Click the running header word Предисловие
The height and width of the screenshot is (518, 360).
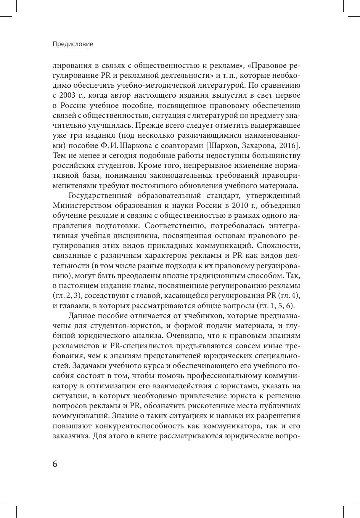click(72, 44)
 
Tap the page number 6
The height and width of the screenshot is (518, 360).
click(55, 464)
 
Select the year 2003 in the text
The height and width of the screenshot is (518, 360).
click(69, 95)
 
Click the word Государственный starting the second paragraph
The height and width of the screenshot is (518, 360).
click(100, 196)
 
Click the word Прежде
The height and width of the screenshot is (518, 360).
click(156, 125)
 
